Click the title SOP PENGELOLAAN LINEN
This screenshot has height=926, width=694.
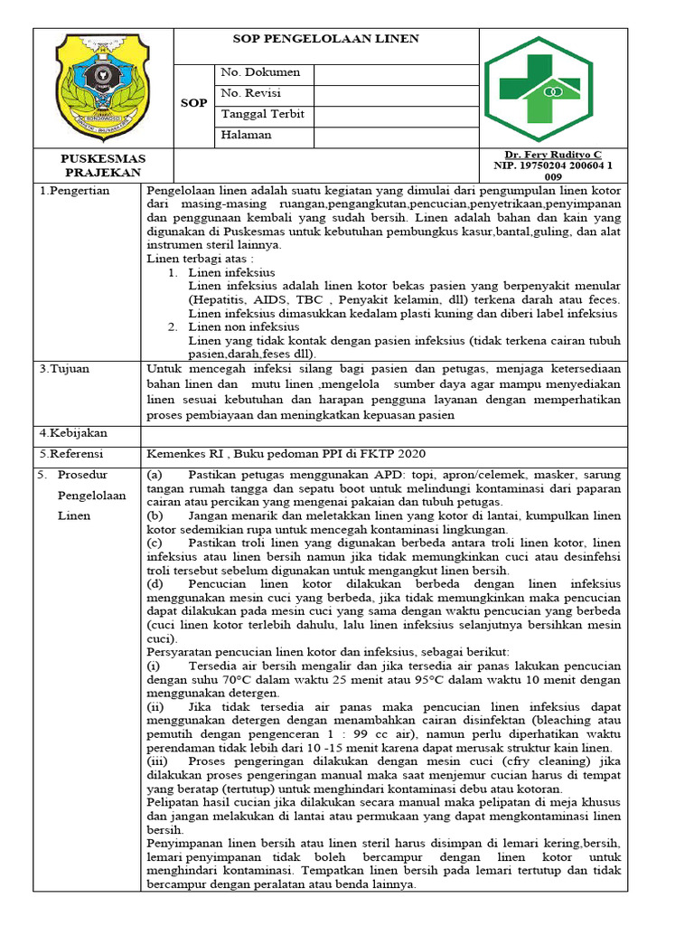coord(325,39)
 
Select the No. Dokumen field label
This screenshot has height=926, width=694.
coord(260,72)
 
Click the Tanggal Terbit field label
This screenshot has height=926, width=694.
coord(262,115)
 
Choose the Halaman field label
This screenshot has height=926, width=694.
coord(246,136)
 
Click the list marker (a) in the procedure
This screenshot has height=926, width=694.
coord(155,475)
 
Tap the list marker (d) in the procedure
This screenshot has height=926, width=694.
coord(155,584)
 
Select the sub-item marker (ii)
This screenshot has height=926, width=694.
coord(155,704)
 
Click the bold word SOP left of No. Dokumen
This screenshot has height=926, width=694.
coord(193,103)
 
